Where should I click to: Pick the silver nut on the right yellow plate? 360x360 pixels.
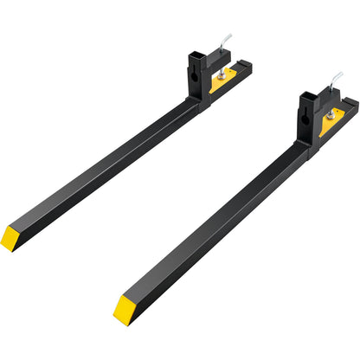(x=331, y=114)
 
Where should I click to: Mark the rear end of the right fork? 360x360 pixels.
(x=352, y=105)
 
